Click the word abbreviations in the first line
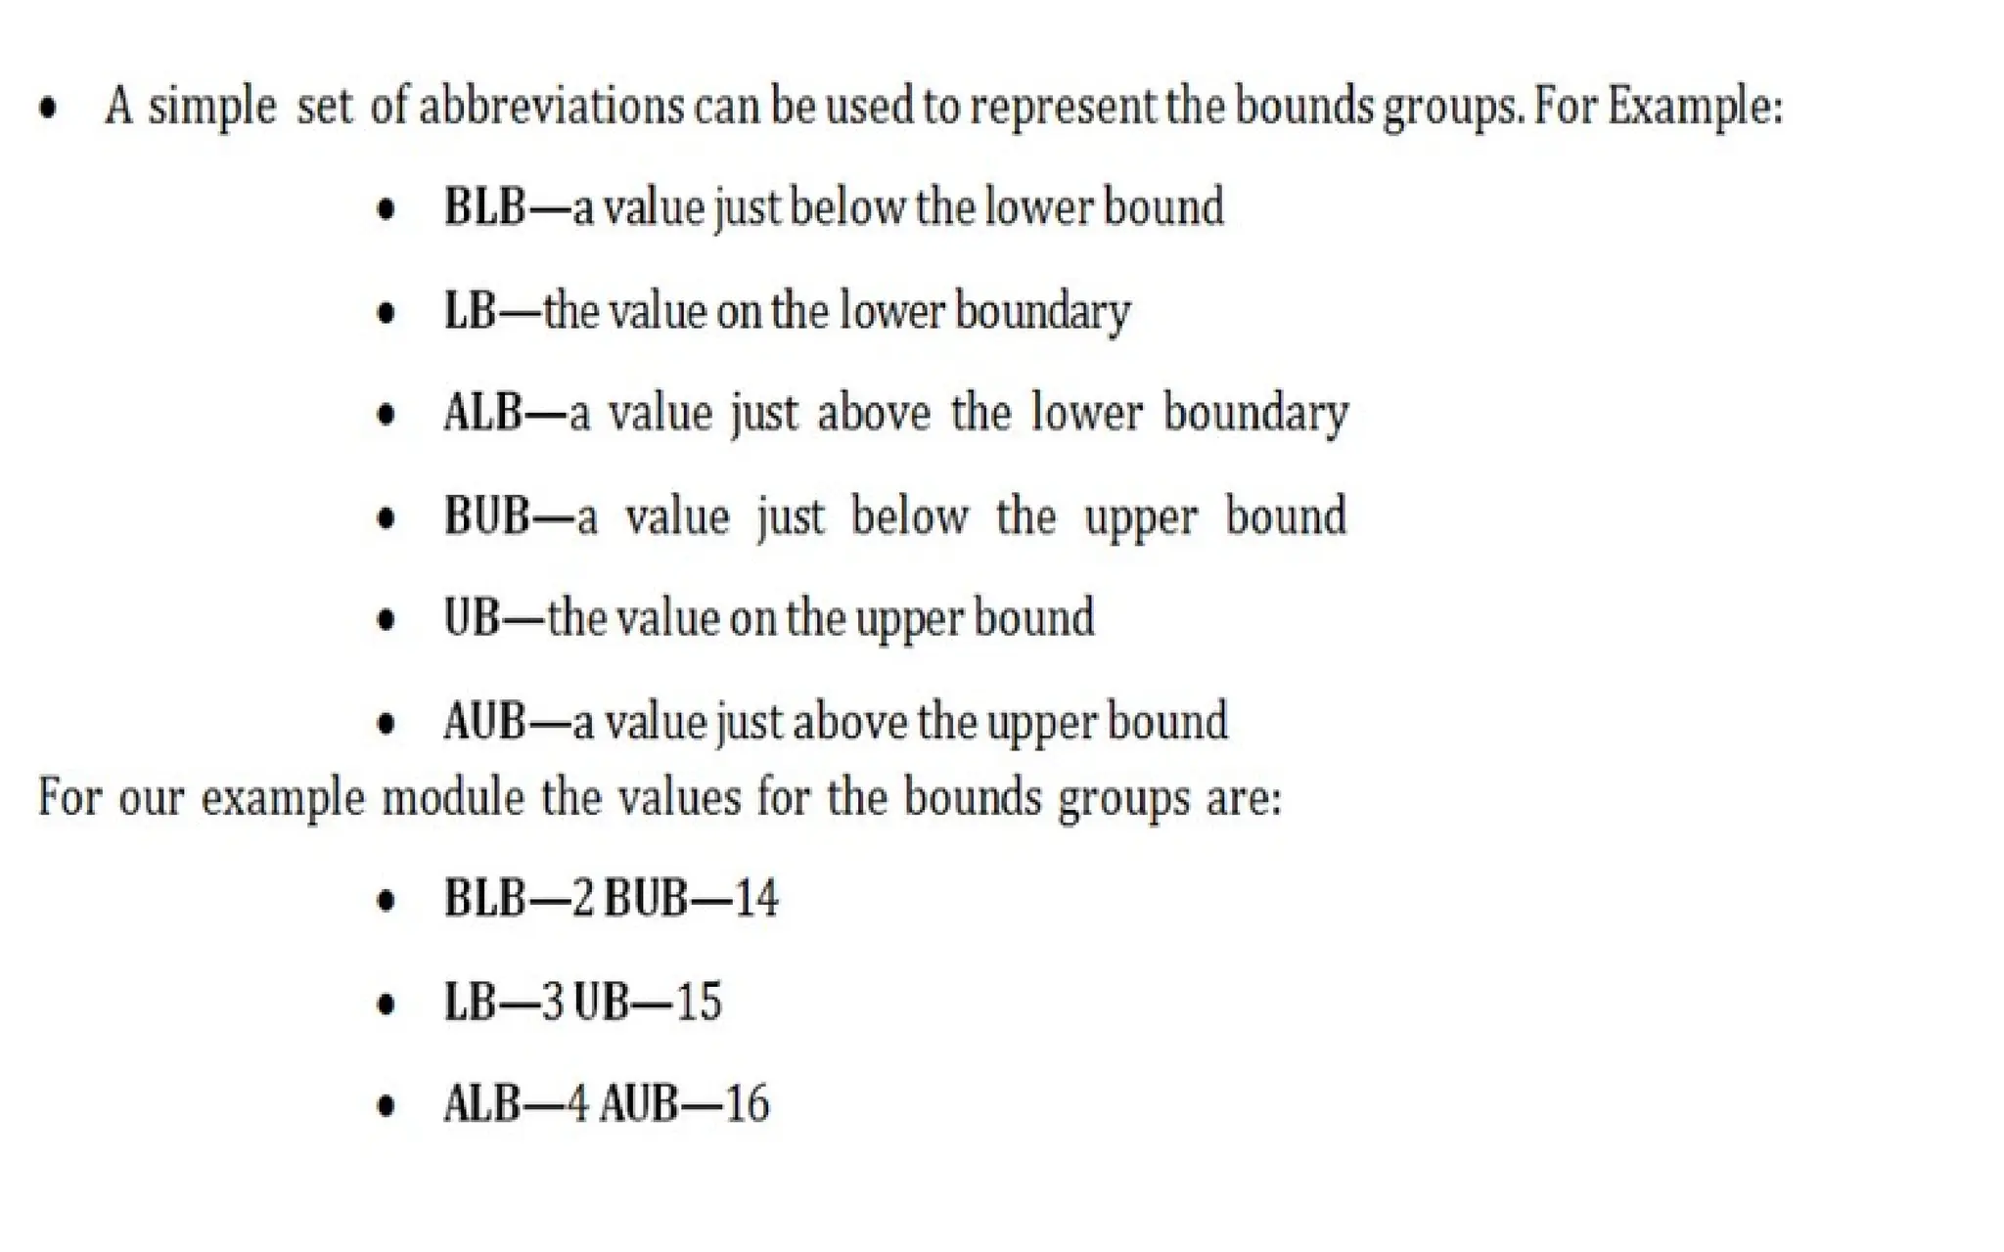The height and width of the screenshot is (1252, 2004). (x=552, y=106)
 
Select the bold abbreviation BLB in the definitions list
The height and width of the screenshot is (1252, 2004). (x=484, y=207)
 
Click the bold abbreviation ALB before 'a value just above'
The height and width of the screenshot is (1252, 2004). (x=482, y=413)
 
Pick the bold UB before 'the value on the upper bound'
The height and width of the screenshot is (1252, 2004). (x=472, y=618)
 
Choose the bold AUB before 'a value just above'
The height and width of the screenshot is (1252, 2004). (x=484, y=722)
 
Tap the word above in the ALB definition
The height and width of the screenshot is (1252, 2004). (x=874, y=413)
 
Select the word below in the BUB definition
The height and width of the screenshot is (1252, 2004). (x=909, y=515)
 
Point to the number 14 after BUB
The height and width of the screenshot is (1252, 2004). (x=755, y=898)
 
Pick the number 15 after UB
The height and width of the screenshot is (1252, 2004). (x=699, y=1002)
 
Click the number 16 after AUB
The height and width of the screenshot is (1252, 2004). (x=747, y=1104)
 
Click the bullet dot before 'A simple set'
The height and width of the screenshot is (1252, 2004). (x=47, y=108)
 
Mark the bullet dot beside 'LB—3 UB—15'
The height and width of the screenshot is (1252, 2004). (x=387, y=1005)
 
